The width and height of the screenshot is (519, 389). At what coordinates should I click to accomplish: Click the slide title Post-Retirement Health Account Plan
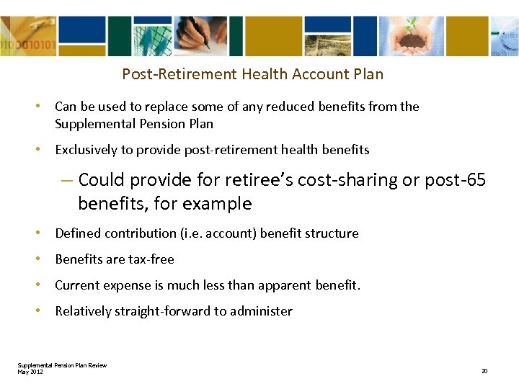coord(252,74)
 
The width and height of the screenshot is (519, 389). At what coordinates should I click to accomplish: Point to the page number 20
coord(484,371)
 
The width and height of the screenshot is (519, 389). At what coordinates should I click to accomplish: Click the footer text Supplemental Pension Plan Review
coord(62,365)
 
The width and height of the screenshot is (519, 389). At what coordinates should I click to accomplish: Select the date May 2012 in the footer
coord(30,372)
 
